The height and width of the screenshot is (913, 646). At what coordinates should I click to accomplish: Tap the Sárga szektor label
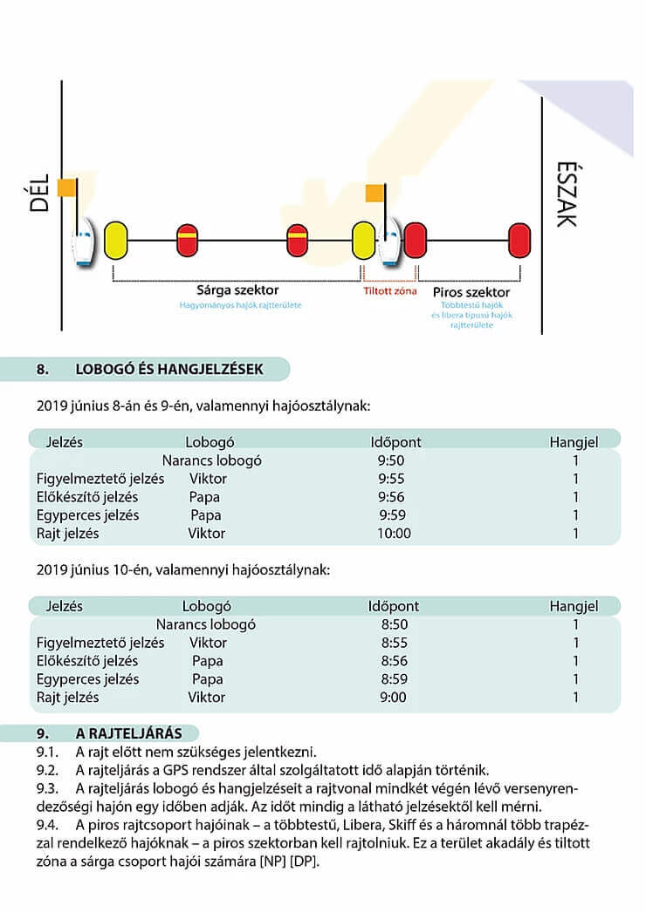[240, 290]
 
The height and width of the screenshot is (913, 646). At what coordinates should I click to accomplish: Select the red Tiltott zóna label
[390, 290]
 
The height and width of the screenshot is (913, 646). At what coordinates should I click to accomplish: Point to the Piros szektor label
[471, 291]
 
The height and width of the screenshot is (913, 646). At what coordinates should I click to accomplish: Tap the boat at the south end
[83, 247]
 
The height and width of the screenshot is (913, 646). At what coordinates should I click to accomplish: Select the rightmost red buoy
[520, 239]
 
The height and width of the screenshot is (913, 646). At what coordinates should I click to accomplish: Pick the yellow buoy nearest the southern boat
[116, 239]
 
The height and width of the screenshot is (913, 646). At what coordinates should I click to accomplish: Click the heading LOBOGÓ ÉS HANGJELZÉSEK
[169, 369]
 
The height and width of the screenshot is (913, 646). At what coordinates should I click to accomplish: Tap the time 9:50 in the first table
[392, 460]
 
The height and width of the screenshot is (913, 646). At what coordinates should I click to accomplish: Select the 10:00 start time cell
[393, 533]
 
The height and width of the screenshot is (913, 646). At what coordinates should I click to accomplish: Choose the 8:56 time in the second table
[395, 661]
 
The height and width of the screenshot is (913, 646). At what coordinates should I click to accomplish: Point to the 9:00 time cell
[394, 697]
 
